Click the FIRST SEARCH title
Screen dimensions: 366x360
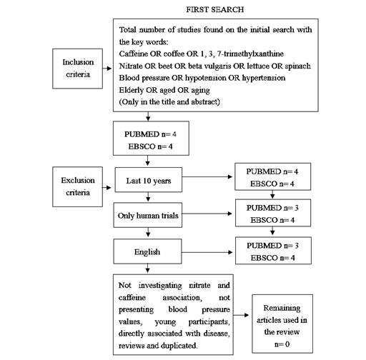point(214,9)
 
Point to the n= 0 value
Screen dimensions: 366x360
point(282,344)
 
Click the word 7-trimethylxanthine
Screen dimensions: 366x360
point(250,54)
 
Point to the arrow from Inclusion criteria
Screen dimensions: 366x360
point(107,69)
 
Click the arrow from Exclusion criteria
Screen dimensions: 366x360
point(107,188)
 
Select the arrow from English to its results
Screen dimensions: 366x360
point(207,252)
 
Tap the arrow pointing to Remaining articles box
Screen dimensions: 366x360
point(241,315)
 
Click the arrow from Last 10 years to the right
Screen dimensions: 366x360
point(207,176)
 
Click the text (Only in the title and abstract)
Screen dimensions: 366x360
point(169,102)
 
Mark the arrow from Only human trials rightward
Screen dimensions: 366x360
point(207,214)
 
